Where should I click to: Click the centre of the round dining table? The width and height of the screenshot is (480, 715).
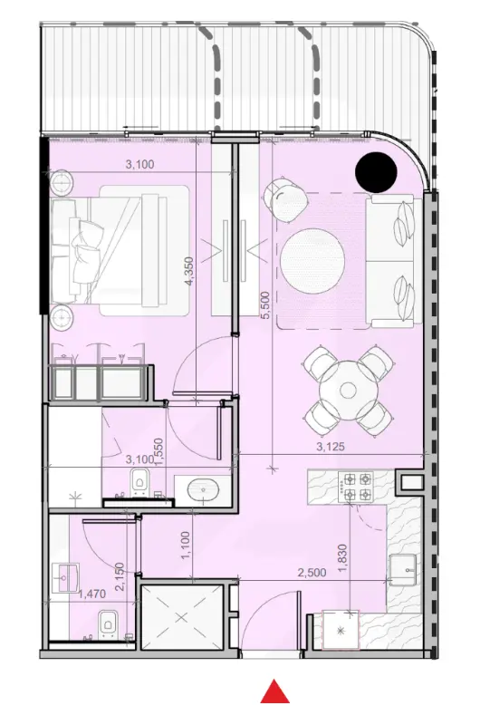[x=348, y=391]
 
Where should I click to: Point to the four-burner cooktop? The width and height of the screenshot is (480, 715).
[x=355, y=487]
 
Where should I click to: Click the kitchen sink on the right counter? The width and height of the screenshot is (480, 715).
[x=404, y=570]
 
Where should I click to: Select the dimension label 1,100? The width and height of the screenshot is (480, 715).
[x=187, y=544]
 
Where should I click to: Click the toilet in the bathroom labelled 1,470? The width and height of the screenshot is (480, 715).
[x=107, y=623]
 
